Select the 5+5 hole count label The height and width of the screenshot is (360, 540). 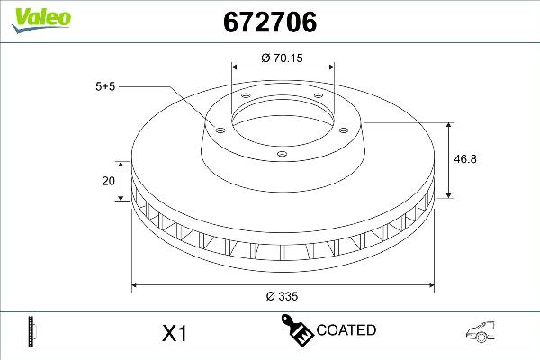click(106, 86)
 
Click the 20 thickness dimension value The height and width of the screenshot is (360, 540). click(108, 180)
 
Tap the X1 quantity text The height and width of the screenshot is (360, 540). click(173, 333)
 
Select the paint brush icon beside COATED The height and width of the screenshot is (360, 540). click(298, 330)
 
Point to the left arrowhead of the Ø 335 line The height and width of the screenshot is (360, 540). click(136, 286)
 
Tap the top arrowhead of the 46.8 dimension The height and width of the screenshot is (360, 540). click(450, 122)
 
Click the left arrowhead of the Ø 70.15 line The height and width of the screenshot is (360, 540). click(235, 67)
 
